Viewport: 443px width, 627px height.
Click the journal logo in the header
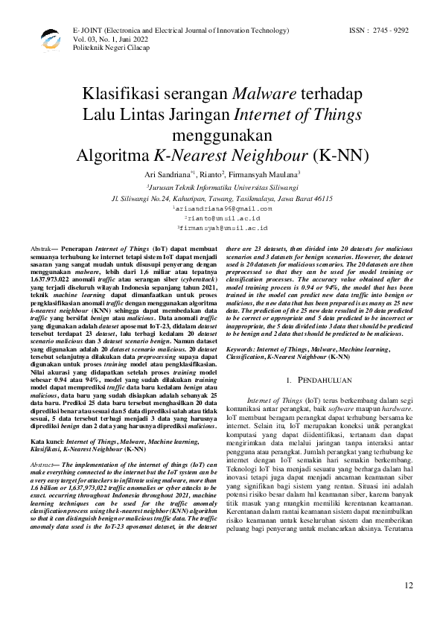50,36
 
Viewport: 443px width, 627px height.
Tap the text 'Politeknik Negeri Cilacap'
111,47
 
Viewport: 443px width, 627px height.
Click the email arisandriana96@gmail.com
222,209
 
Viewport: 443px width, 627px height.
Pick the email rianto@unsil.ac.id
222,218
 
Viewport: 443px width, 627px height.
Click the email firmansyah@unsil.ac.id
222,228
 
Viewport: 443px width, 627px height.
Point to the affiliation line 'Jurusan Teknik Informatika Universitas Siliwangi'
222,189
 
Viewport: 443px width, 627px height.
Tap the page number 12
408,607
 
